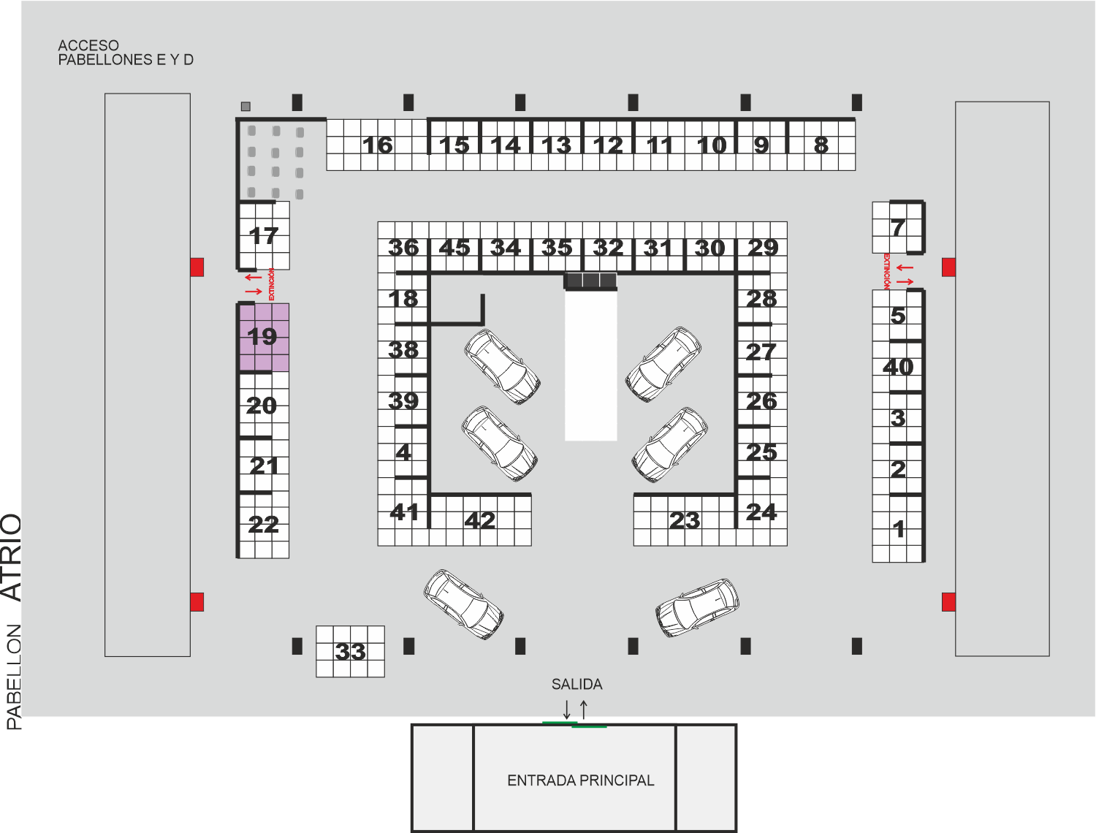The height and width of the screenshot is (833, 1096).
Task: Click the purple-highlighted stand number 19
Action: (x=262, y=336)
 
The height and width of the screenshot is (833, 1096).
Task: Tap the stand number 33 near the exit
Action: (x=351, y=652)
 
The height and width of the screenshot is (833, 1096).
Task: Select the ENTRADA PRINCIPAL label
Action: (x=581, y=780)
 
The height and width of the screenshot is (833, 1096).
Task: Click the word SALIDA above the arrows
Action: (x=576, y=684)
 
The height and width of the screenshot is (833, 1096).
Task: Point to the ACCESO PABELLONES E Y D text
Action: (x=126, y=53)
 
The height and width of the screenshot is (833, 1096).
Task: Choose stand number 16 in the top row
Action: (x=378, y=145)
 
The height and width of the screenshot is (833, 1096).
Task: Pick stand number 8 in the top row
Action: (x=821, y=145)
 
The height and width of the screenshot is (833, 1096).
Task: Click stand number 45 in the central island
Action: (x=454, y=248)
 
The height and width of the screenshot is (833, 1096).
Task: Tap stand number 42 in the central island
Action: (x=480, y=520)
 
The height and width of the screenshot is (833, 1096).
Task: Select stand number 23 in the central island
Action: (x=685, y=520)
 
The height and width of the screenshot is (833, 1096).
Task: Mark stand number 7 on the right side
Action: (x=898, y=227)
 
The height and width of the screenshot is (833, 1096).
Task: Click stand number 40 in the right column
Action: (x=898, y=368)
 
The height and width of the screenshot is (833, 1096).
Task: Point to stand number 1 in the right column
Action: (x=899, y=529)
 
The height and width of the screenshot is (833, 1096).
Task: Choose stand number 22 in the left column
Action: (x=263, y=525)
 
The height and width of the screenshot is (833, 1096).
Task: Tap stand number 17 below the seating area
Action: (x=263, y=235)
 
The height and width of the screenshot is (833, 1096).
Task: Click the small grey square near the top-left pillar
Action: (x=246, y=106)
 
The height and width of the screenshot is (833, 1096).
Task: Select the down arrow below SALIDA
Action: (x=567, y=710)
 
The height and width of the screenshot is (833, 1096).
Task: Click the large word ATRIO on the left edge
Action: (x=12, y=558)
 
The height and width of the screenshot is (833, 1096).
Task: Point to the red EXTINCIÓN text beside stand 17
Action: (x=272, y=284)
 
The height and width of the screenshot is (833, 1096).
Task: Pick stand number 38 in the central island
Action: (x=403, y=350)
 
